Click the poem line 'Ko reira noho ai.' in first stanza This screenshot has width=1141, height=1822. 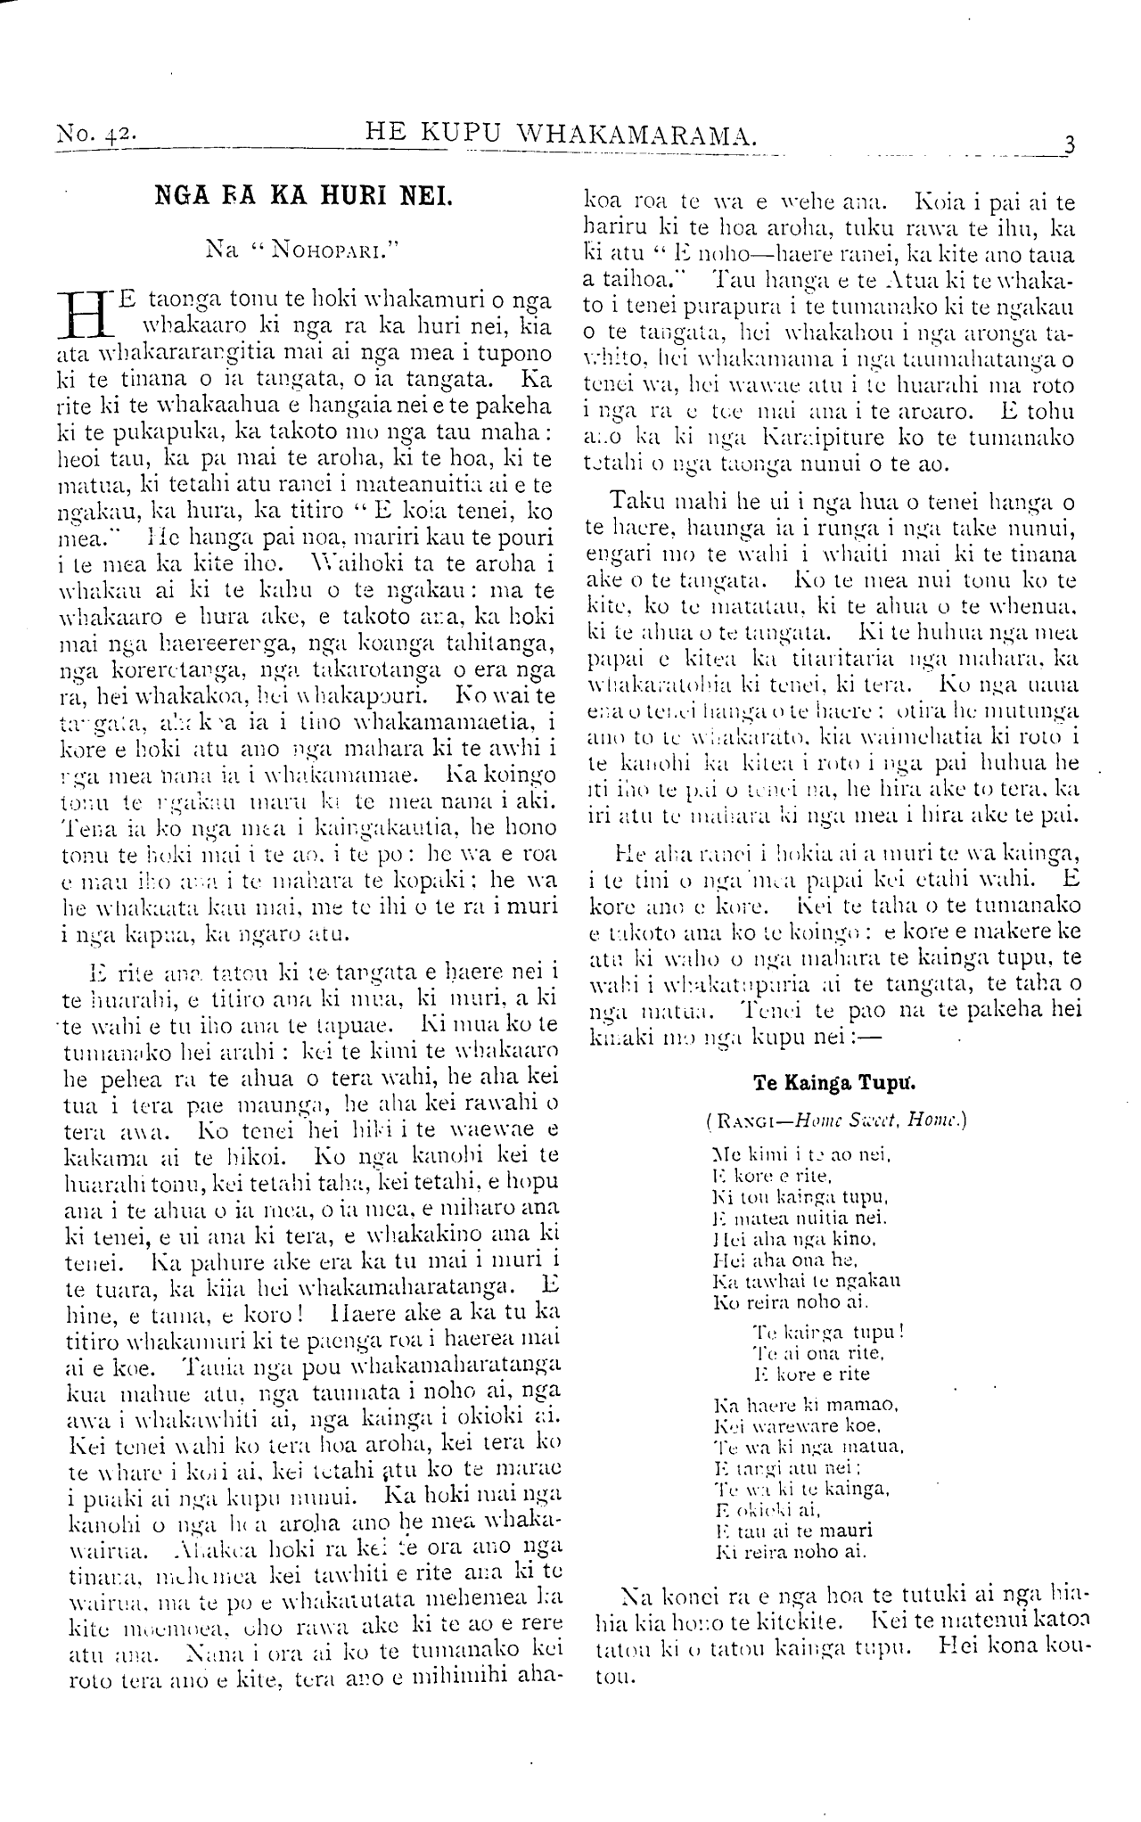tap(779, 1301)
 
